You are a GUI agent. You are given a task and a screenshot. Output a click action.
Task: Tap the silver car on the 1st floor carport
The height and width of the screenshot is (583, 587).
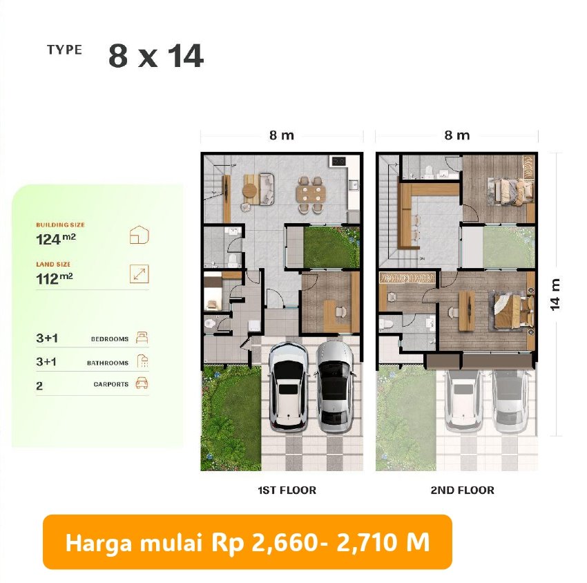click(x=334, y=387)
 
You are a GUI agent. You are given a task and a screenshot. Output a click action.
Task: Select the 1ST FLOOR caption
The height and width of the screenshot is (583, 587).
click(x=287, y=490)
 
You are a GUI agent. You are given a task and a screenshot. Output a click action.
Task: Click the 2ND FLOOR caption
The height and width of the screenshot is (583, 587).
click(x=462, y=490)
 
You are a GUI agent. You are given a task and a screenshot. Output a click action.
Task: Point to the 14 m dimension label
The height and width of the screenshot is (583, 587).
click(x=555, y=294)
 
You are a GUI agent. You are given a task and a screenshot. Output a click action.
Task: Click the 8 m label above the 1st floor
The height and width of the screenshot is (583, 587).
click(x=282, y=135)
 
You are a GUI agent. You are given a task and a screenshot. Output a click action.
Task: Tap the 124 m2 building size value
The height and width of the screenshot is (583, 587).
click(x=56, y=239)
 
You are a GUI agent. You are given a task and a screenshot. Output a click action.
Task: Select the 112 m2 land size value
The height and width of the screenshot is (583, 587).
click(x=55, y=278)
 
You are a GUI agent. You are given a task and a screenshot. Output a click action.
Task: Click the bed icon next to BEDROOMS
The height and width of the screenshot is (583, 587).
click(x=142, y=337)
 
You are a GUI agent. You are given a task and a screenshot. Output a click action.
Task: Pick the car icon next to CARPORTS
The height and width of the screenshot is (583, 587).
click(x=142, y=383)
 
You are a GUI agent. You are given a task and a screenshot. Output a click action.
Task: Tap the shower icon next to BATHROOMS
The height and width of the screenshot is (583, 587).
click(x=142, y=361)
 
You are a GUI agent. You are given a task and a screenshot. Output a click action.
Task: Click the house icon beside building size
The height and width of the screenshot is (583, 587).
click(x=139, y=235)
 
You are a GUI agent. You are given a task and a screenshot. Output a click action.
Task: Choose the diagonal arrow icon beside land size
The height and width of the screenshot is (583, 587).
click(x=139, y=274)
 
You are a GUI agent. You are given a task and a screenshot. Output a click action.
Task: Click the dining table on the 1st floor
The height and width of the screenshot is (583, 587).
click(x=310, y=194)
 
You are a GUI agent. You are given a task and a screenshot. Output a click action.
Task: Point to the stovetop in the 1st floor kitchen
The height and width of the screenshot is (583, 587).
click(x=338, y=162)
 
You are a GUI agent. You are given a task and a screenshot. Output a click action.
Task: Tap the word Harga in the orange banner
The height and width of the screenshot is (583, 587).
click(x=99, y=542)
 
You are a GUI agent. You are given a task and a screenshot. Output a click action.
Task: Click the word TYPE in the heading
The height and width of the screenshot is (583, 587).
click(x=64, y=50)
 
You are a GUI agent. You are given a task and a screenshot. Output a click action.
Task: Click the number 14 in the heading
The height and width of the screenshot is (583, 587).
click(x=186, y=56)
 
